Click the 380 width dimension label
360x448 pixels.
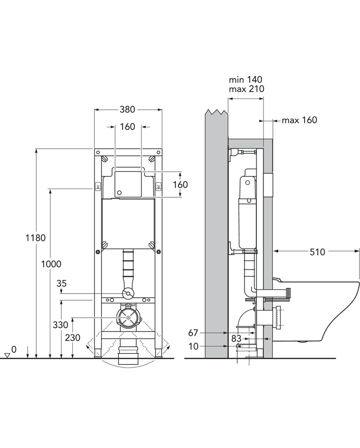coord(127,109)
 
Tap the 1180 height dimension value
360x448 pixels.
coord(35,238)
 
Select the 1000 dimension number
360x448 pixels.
coord(51,264)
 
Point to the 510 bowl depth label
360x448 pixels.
coord(318,252)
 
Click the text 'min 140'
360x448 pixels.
coord(245,80)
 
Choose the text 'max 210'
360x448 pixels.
coord(246,89)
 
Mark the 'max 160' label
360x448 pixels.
coord(300,120)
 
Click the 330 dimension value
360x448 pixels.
coord(60,325)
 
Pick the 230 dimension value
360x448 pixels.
coord(73,338)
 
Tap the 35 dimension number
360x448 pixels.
coord(61,283)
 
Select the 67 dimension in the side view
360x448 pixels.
coord(193,333)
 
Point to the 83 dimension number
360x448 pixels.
coord(236,339)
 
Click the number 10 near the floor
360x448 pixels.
coord(193,346)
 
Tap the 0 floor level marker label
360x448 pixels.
coord(14,349)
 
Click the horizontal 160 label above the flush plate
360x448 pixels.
coord(127,126)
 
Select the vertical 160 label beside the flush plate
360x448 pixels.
coord(180,185)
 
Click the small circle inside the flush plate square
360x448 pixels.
coord(120,192)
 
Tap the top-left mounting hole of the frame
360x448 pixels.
coord(98,152)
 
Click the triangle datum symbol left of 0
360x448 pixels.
coord(7,355)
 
